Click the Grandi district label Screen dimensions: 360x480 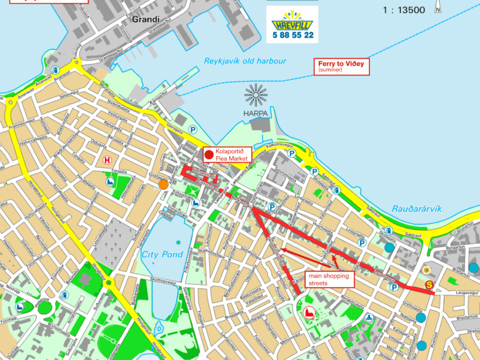[x=145, y=20]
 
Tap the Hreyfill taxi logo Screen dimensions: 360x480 [x=292, y=20]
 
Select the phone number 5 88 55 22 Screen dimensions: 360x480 [x=293, y=35]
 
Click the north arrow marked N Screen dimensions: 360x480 [x=437, y=7]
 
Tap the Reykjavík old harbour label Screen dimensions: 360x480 [x=245, y=61]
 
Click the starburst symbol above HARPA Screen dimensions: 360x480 [x=256, y=96]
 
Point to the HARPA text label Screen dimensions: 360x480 [x=256, y=113]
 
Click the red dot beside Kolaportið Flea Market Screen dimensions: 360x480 [x=209, y=154]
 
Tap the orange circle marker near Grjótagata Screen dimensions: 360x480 [x=163, y=184]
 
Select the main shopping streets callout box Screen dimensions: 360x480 [x=328, y=280]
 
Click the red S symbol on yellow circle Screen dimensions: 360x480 [x=429, y=284]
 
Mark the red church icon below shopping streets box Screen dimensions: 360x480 [x=309, y=312]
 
